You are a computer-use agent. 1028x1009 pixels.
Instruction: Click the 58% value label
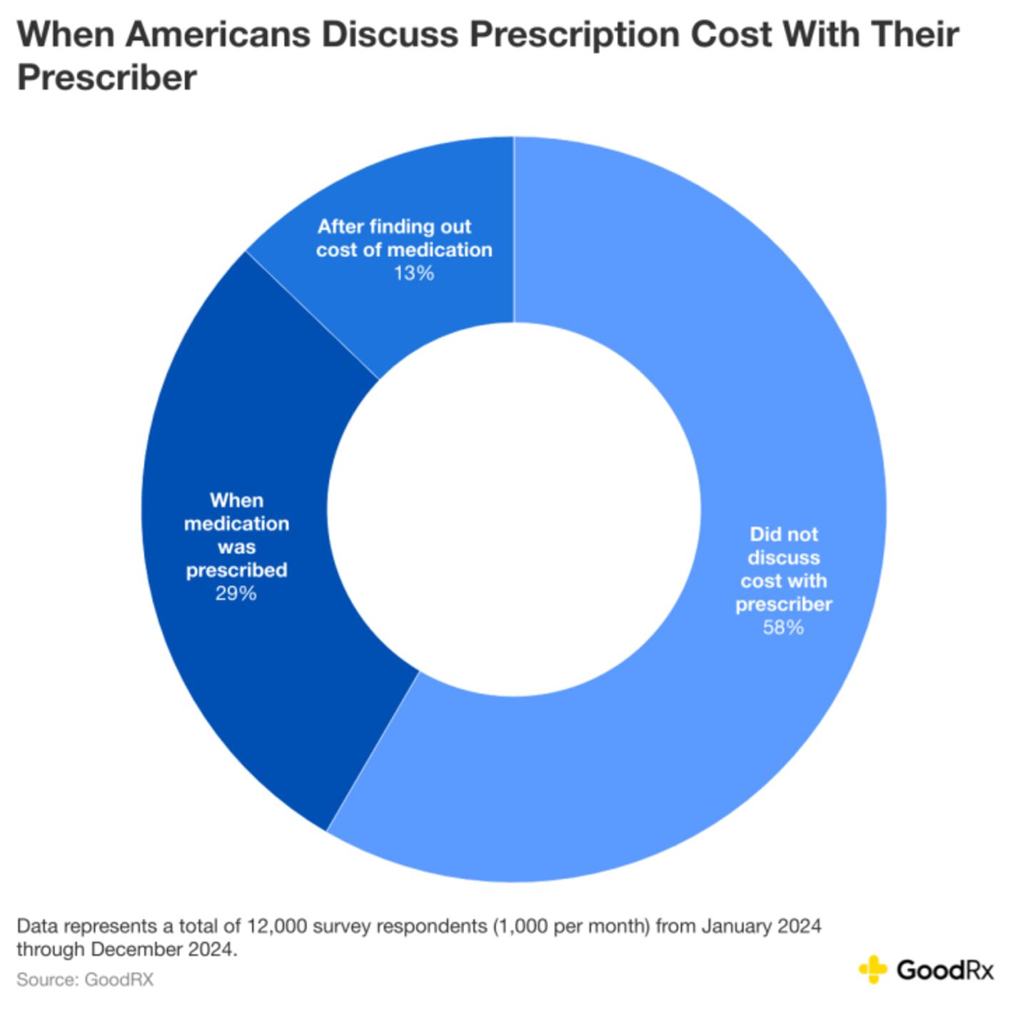tap(783, 628)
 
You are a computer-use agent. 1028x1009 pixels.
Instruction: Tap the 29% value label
tap(236, 593)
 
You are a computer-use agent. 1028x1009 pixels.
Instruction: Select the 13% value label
tap(414, 273)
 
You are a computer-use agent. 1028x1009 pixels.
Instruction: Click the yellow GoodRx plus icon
tap(872, 969)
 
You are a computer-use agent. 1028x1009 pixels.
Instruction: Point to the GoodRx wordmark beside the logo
tap(944, 970)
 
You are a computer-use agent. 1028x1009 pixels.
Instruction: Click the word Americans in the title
tap(220, 34)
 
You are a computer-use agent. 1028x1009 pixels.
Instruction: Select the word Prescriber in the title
tap(106, 77)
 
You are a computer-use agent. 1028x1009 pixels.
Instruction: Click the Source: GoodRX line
tap(85, 979)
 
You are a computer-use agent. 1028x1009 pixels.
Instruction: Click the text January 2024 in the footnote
tap(761, 926)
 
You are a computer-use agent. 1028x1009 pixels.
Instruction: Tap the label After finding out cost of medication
tap(404, 239)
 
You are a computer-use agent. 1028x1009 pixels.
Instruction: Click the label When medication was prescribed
tap(236, 535)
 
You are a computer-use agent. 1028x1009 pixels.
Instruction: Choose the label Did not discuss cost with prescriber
tap(783, 569)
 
